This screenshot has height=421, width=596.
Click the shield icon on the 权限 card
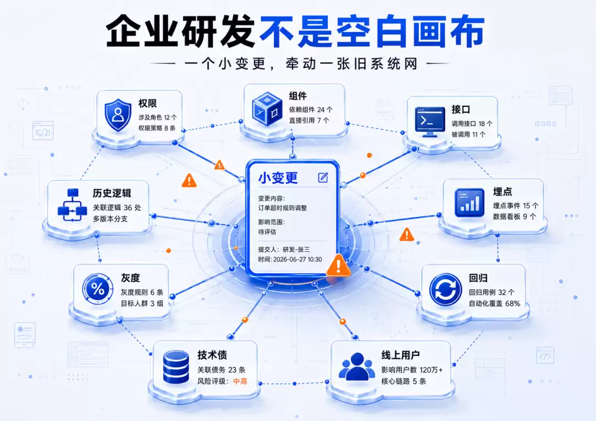point(118,115)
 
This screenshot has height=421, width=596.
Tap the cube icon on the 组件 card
point(267,108)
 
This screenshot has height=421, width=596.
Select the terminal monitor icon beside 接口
point(429,121)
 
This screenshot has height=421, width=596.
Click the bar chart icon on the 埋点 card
point(470,203)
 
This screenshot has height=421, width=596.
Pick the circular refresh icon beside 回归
point(445,290)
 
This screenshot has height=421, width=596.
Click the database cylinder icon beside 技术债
point(176,366)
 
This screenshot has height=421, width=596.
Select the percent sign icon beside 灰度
point(98,289)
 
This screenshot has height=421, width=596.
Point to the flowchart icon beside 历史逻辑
point(72,205)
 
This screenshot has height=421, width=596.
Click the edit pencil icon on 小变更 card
point(323,177)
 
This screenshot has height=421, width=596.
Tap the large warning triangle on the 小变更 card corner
point(338,266)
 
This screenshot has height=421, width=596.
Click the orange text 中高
point(240,381)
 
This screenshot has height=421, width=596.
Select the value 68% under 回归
point(512,303)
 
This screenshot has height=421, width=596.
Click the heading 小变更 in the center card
point(278,177)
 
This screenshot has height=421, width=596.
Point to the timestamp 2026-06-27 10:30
point(297,260)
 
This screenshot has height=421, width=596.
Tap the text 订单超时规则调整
point(283,208)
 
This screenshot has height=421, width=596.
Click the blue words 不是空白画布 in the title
point(372,30)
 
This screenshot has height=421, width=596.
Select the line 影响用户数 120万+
point(412,370)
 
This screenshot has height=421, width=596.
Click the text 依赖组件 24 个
point(311,110)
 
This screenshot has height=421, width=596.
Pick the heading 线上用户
point(401,355)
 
